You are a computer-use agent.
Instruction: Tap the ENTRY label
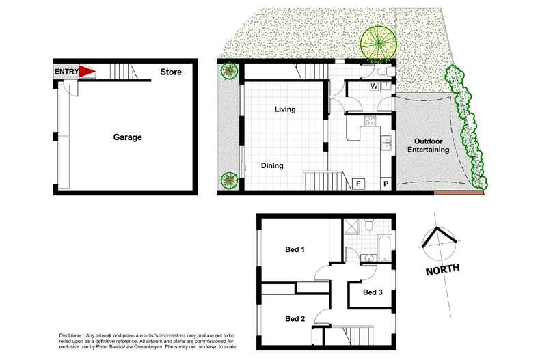click(x=66, y=71)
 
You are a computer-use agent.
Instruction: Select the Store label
click(x=171, y=71)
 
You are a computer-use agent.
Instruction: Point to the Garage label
click(x=127, y=137)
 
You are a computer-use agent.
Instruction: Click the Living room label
click(x=284, y=109)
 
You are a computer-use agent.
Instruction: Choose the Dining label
click(x=271, y=165)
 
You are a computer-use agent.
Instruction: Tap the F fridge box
click(x=357, y=184)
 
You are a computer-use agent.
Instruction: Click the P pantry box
click(x=386, y=184)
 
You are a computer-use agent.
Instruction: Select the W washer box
click(x=375, y=86)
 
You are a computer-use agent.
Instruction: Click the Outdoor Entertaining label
click(x=428, y=146)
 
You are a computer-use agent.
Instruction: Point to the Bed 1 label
click(x=295, y=249)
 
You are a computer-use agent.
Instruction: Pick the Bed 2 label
click(x=295, y=318)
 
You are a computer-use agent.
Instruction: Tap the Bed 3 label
click(x=373, y=292)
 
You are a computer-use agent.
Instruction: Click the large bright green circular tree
click(x=378, y=42)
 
